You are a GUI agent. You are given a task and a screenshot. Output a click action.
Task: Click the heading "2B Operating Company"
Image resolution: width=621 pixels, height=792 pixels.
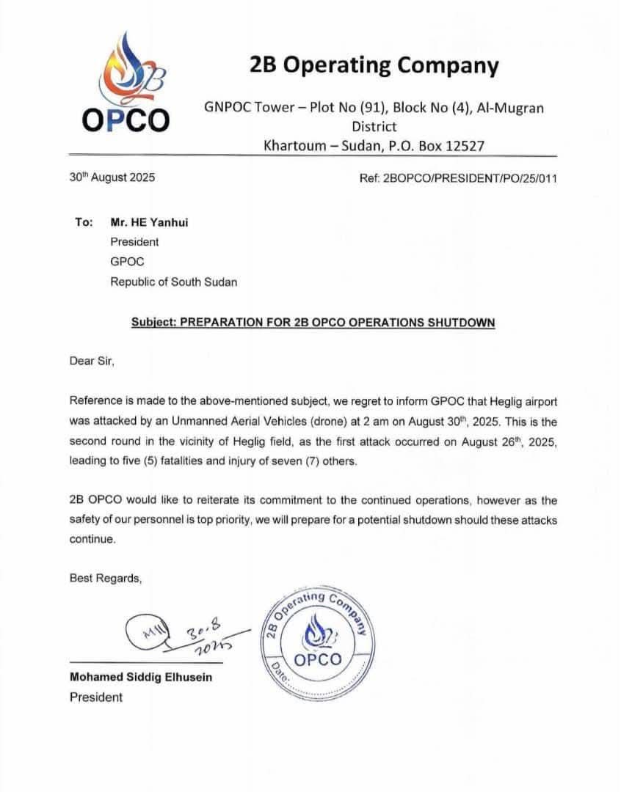[x=374, y=66]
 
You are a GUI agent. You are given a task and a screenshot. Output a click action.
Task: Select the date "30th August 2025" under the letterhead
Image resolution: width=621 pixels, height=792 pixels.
[x=112, y=177]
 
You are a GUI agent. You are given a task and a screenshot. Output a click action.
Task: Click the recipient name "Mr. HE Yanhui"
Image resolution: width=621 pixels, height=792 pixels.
[x=149, y=221]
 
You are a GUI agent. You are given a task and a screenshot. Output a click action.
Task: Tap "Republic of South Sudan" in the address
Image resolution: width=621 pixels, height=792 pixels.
[x=174, y=281]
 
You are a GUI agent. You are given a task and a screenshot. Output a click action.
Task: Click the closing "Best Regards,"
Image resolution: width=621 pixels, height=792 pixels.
[x=105, y=578]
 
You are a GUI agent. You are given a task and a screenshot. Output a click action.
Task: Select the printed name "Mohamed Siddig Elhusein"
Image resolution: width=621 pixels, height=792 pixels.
[x=140, y=677]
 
